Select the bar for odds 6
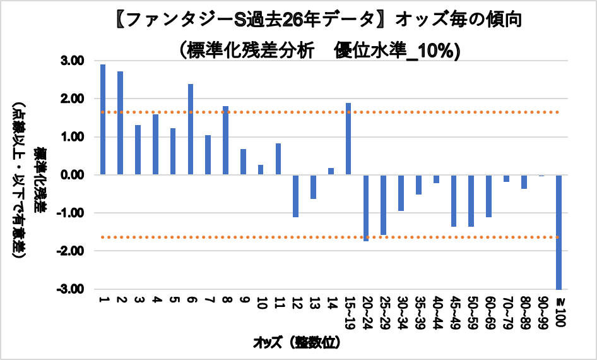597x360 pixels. point(191,129)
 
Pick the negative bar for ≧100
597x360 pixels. point(559,232)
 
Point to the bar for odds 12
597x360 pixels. point(295,196)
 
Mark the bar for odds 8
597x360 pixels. point(225,140)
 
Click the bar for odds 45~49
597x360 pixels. point(453,200)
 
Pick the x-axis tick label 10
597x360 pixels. point(261,305)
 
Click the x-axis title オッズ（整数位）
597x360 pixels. point(297,343)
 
